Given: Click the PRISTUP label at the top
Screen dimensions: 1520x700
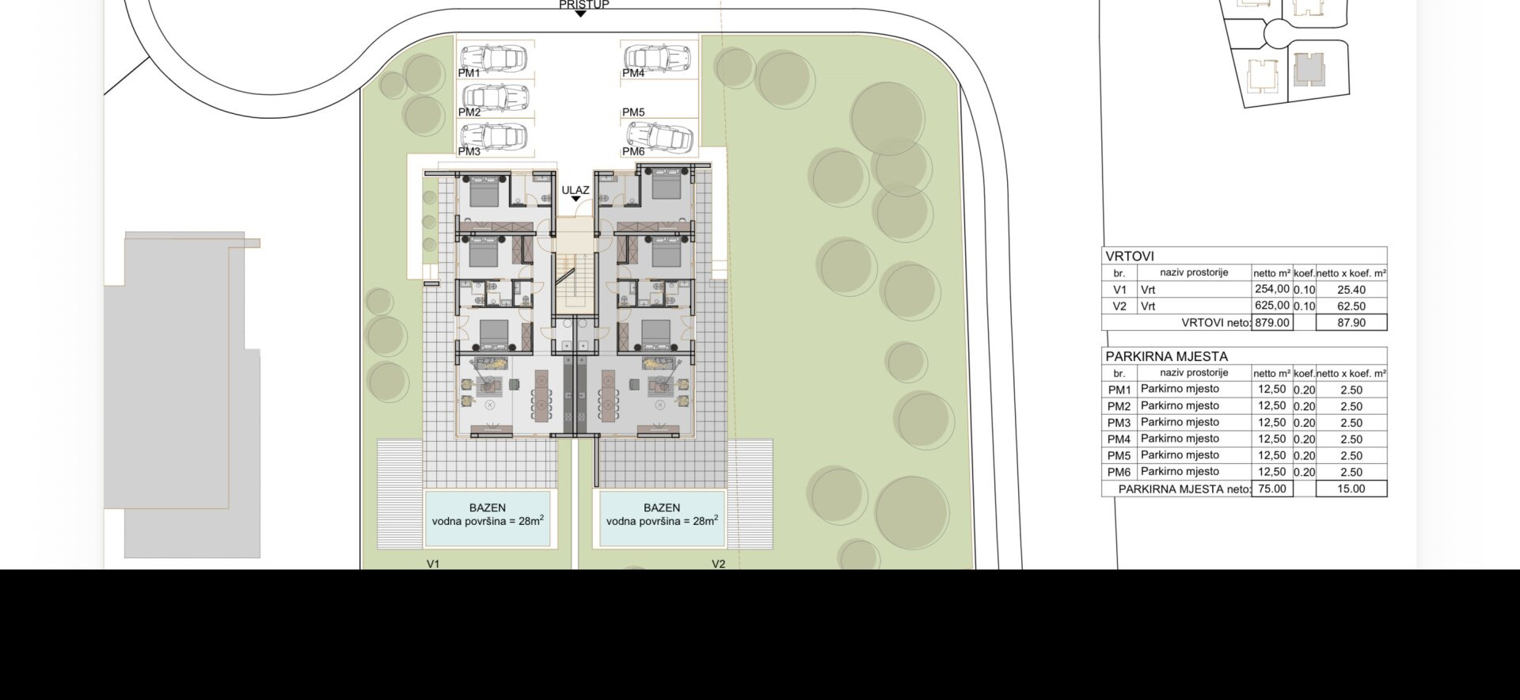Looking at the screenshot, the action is (x=583, y=5).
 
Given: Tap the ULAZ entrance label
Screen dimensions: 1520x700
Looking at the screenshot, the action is (x=576, y=190).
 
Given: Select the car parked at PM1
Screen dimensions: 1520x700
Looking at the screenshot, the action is (x=495, y=58).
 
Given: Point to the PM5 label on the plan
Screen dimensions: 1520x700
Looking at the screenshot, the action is (x=633, y=112).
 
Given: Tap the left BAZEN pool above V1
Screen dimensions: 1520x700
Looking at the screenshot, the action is (x=487, y=518).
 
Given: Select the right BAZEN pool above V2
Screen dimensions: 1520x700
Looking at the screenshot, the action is (x=662, y=518).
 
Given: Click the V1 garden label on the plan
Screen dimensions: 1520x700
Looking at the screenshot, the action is (x=433, y=564).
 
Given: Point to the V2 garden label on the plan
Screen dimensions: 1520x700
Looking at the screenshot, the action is (x=718, y=564).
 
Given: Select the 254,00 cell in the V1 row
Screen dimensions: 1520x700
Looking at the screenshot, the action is (x=1271, y=289).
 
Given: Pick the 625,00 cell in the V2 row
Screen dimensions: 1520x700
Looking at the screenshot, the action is (x=1271, y=306).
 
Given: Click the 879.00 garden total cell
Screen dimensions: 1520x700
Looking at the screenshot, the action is (x=1271, y=322).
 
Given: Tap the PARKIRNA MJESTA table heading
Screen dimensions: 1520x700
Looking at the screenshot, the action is (x=1167, y=356).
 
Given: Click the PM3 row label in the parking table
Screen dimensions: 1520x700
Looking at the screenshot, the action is (x=1119, y=423).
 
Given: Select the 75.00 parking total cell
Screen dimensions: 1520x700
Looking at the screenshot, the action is (x=1271, y=489).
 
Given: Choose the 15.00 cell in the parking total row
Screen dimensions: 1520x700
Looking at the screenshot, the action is (x=1351, y=489).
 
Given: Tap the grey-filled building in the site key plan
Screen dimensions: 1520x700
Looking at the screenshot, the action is (x=1309, y=70).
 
